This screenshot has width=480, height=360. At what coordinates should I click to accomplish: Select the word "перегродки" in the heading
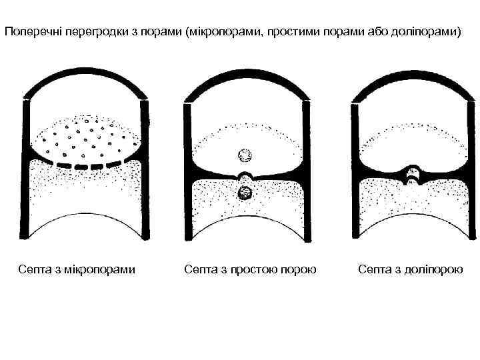coord(89,31)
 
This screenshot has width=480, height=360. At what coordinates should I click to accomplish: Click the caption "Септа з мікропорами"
coord(77,269)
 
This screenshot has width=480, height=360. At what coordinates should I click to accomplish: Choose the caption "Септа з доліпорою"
coord(411,269)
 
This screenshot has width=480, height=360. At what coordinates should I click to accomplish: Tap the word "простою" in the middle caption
coord(256,269)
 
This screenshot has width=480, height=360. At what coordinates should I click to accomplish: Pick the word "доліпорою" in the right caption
coord(434,269)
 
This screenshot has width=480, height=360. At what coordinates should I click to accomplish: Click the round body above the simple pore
coord(245,155)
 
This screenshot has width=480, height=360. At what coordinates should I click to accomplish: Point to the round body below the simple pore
coord(244,193)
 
